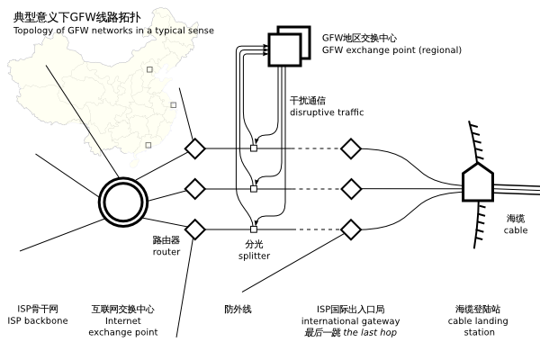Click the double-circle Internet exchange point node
coord(122,201)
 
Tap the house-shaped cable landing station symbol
coord(477,183)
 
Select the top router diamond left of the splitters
coord(194,148)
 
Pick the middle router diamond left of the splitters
coord(194,189)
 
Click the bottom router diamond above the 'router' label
coord(194,229)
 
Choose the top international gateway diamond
coord(350,148)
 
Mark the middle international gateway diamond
coord(350,189)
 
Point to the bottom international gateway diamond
coord(350,229)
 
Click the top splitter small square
coord(254,148)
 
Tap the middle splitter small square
coord(254,189)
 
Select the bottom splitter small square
coord(254,229)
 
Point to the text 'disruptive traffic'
coord(326,112)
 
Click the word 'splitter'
coord(255,256)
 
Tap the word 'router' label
coord(166,252)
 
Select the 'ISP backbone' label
coord(37,320)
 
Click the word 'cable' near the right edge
coord(516,230)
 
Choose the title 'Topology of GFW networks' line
coord(112,31)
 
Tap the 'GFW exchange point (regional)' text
coord(391,50)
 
